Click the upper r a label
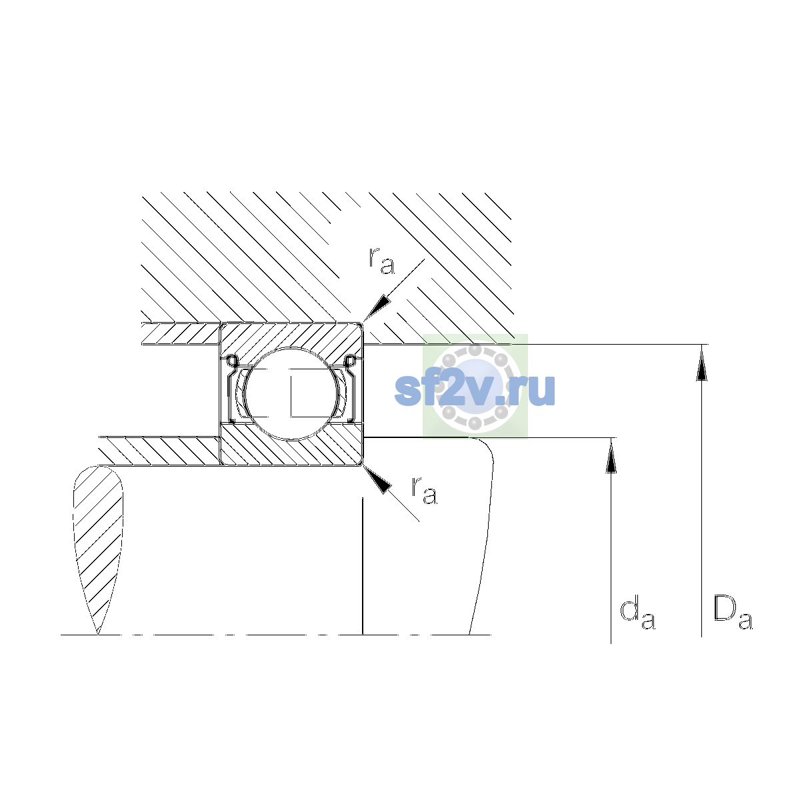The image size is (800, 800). tap(381, 261)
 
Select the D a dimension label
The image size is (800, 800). tap(732, 613)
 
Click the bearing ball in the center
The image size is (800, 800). tap(292, 393)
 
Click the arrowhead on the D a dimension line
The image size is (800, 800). tap(701, 363)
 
